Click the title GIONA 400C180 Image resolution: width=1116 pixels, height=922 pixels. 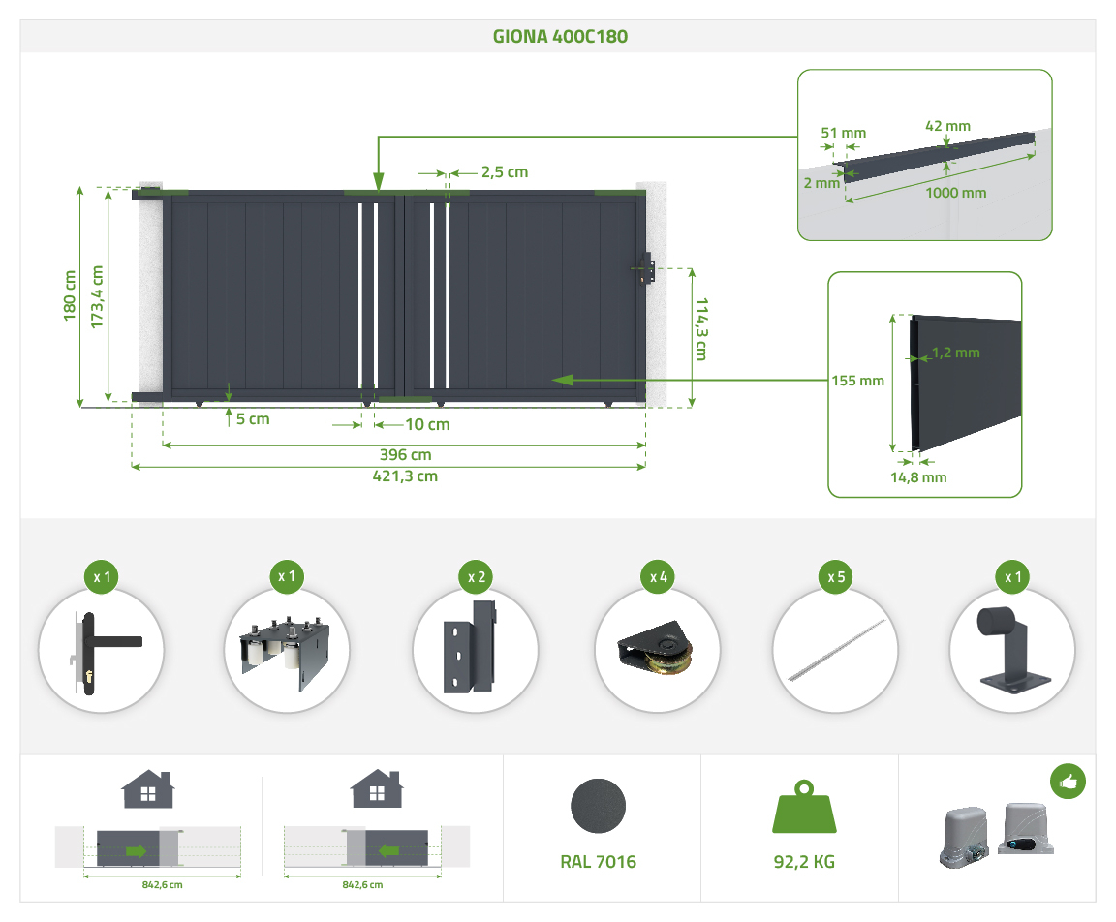pos(558,37)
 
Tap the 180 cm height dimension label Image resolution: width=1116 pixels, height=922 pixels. pos(69,294)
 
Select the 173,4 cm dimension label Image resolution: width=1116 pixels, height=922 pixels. pos(97,294)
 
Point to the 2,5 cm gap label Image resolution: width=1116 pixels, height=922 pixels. pos(504,172)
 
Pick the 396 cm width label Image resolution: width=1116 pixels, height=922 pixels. pos(406,454)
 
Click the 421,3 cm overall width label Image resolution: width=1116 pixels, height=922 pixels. pos(406,476)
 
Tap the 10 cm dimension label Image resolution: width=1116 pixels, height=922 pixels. pos(427,424)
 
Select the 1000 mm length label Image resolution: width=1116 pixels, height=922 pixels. pos(955,193)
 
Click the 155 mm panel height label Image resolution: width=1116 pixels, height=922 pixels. pos(857,381)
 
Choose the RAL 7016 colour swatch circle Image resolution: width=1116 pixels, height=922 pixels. pos(598,806)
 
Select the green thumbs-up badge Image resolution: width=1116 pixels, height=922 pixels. pos(1068,781)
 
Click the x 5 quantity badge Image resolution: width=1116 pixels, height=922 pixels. pos(835,577)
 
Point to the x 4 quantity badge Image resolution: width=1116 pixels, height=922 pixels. pos(659,577)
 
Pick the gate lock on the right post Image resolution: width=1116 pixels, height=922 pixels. pos(645,268)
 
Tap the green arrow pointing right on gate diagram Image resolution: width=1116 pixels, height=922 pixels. pos(137,851)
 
